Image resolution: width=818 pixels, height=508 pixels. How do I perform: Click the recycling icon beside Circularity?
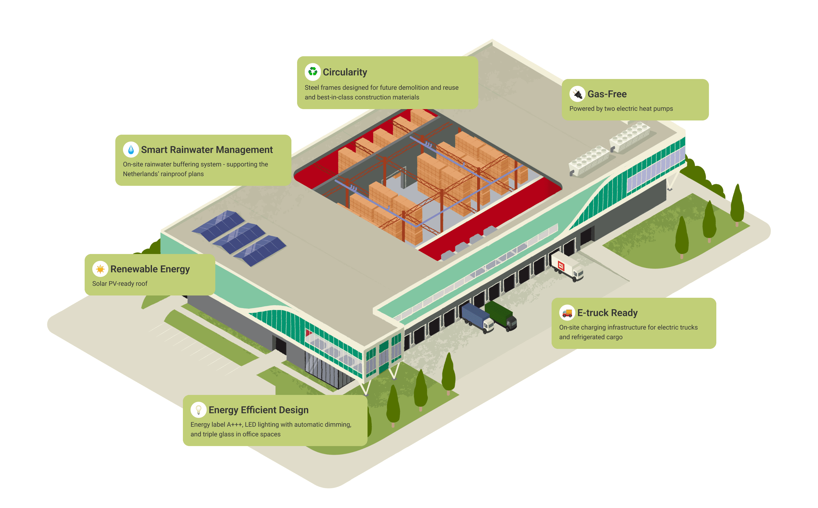[x=313, y=72]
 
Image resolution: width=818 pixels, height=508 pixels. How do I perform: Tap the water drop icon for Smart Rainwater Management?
[x=131, y=149]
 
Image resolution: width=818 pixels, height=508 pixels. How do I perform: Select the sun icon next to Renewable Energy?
[x=100, y=269]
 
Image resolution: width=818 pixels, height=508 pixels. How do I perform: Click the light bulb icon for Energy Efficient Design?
[x=199, y=410]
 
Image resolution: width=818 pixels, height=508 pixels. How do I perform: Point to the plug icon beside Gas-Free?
[x=577, y=94]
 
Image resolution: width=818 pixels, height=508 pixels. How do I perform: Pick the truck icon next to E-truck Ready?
[x=567, y=313]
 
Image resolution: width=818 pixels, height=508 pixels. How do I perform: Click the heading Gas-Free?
[x=607, y=94]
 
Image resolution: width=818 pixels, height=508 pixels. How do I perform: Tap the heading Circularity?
[x=345, y=72]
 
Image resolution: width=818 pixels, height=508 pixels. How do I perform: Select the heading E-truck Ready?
[x=607, y=313]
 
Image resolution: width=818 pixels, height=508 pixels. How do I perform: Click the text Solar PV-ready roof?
[x=120, y=284]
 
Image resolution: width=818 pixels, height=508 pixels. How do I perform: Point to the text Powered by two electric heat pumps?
[x=621, y=109]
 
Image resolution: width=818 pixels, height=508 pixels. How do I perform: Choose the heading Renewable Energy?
[x=150, y=269]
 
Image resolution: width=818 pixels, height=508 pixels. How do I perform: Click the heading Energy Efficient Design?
[x=258, y=410]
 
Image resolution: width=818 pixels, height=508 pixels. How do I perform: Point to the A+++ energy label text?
[x=234, y=425]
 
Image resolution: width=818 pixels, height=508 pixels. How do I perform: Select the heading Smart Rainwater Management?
[x=206, y=150]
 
